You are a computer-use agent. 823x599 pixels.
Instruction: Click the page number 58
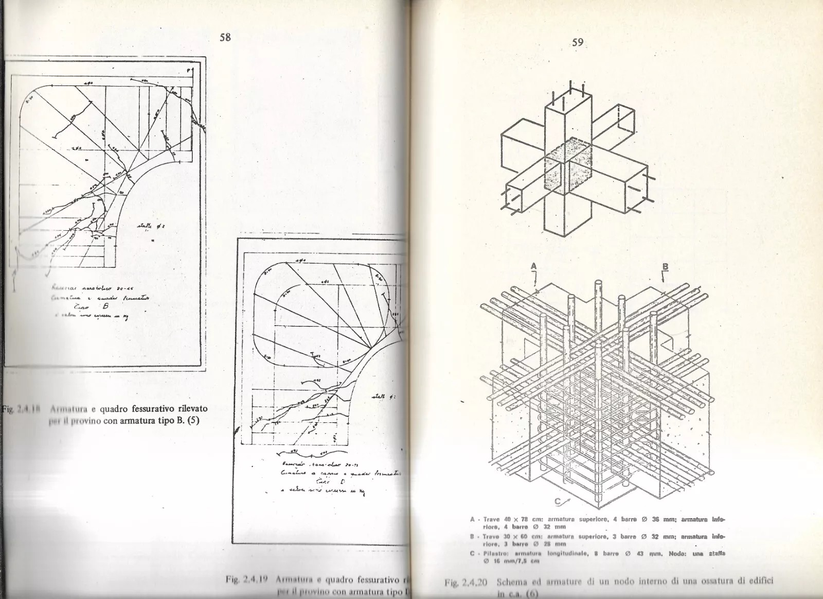[x=225, y=37]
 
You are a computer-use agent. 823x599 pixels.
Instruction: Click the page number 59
[x=577, y=42]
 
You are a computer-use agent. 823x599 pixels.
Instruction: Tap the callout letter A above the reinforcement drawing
[x=534, y=266]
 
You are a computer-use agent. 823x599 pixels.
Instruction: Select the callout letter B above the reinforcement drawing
[x=665, y=267]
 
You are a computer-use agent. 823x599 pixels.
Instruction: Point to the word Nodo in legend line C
[x=677, y=554]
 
